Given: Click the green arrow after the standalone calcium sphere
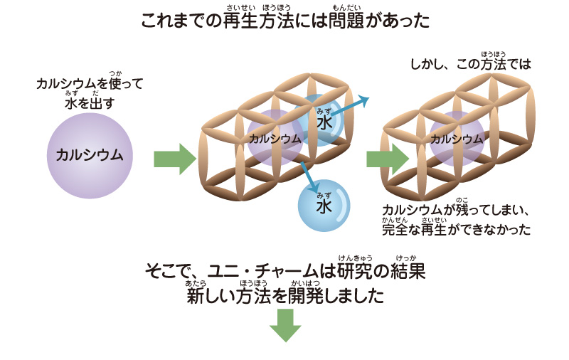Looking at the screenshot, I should [x=174, y=159].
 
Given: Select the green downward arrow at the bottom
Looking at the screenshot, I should [x=284, y=325].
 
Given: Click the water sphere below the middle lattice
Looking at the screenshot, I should [x=324, y=206].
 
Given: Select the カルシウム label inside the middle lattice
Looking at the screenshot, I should [x=275, y=139].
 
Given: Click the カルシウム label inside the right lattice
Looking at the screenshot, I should [x=457, y=139].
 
